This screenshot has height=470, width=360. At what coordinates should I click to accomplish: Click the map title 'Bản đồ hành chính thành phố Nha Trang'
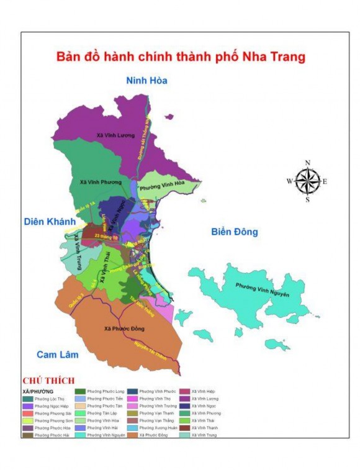(181, 57)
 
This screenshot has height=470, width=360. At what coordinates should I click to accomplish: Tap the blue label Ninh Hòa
(146, 81)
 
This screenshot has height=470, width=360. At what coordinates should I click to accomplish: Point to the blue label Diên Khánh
(50, 222)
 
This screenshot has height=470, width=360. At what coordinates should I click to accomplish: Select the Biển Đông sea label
(234, 232)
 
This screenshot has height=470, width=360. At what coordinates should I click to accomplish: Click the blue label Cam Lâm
(57, 355)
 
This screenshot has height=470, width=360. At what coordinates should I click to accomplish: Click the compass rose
(307, 181)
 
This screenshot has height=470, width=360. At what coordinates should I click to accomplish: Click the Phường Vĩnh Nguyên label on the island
(262, 289)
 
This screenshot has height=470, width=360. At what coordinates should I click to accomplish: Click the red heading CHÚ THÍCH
(48, 381)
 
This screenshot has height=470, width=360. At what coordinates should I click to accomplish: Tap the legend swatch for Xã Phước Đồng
(133, 435)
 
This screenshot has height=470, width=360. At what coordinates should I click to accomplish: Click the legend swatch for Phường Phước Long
(81, 391)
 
